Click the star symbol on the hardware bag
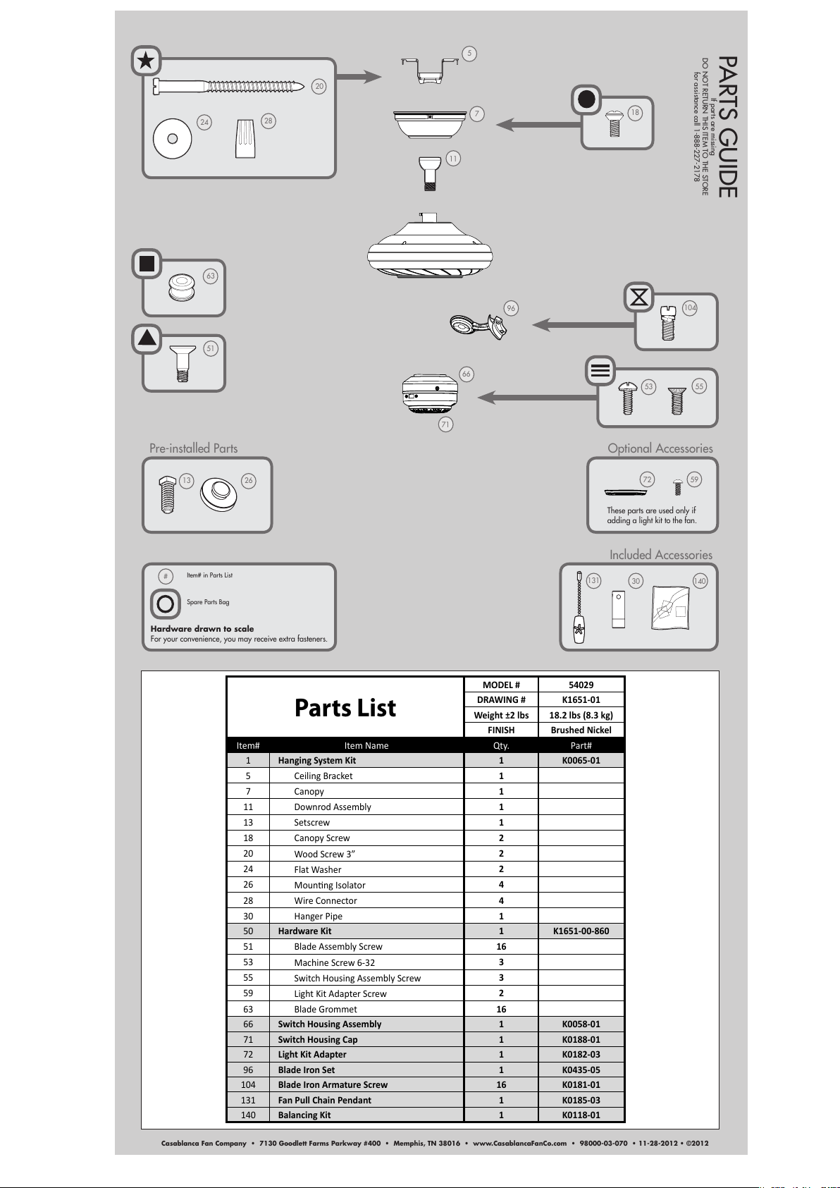coord(147,61)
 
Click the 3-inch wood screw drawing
coord(228,86)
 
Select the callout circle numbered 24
coord(204,122)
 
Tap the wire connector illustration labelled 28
coord(245,138)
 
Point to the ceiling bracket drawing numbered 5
coord(430,71)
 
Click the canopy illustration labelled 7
coord(430,124)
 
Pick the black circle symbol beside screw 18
coord(586,99)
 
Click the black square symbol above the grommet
coord(147,264)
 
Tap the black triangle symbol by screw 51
coord(147,338)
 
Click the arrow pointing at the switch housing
coord(538,397)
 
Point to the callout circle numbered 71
coord(445,424)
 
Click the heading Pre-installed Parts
coord(193,448)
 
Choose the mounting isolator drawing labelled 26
coord(218,494)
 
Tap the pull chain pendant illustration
coord(579,607)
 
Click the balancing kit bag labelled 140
coord(670,608)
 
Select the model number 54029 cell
coord(581,685)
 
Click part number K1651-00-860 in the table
coord(581,931)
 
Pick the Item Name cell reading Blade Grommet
coord(326,1009)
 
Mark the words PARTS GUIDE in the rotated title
coord(728,128)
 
